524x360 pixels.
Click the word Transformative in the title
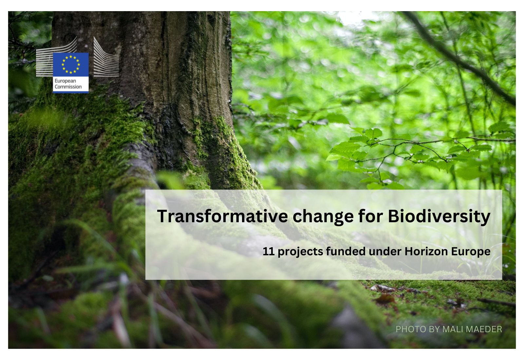(x=222, y=216)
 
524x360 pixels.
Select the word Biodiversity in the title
(x=439, y=217)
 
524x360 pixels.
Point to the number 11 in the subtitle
(x=268, y=251)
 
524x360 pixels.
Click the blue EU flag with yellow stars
(x=71, y=64)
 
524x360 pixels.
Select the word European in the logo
(x=65, y=81)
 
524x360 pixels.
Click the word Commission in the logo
(x=68, y=87)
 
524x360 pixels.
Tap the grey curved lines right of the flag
(x=106, y=57)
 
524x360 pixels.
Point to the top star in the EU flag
(x=71, y=57)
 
